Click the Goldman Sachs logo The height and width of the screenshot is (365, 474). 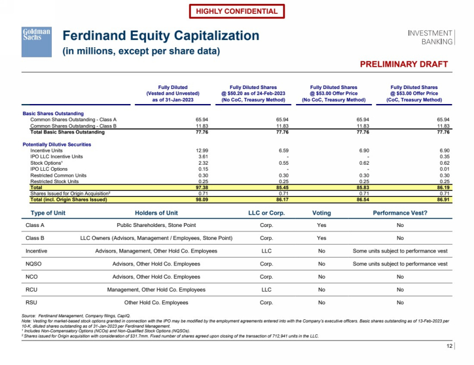(x=36, y=41)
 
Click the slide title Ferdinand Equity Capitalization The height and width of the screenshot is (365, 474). (x=161, y=36)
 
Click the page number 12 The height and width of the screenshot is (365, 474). (x=450, y=347)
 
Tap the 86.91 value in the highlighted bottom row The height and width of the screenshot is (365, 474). (x=443, y=200)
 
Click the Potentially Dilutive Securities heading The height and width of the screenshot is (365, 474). (x=57, y=145)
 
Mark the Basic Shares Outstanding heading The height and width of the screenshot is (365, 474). (x=53, y=114)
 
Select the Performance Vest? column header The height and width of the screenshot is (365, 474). (x=400, y=213)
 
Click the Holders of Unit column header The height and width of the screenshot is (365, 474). (x=157, y=213)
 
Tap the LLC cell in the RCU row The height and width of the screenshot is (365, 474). (x=266, y=290)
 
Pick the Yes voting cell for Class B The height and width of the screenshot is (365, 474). (x=321, y=238)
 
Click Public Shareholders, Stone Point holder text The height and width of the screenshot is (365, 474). (x=156, y=225)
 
